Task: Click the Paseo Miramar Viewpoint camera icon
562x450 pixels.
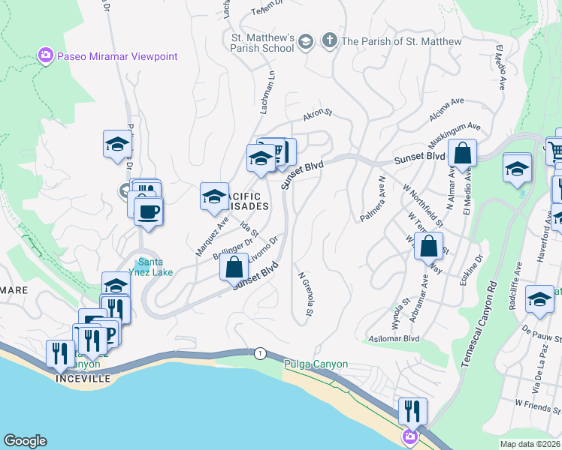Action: click(46, 55)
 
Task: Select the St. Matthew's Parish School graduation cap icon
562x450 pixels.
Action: click(305, 41)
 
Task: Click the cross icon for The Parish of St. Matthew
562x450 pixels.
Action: click(328, 40)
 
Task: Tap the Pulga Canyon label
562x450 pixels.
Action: click(316, 364)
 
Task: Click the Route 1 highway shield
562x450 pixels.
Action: click(260, 352)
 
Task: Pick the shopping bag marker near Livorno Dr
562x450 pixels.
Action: click(234, 265)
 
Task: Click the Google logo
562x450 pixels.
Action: click(25, 441)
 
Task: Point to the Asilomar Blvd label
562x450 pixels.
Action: click(392, 339)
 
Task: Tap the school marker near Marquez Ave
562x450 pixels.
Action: click(213, 196)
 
